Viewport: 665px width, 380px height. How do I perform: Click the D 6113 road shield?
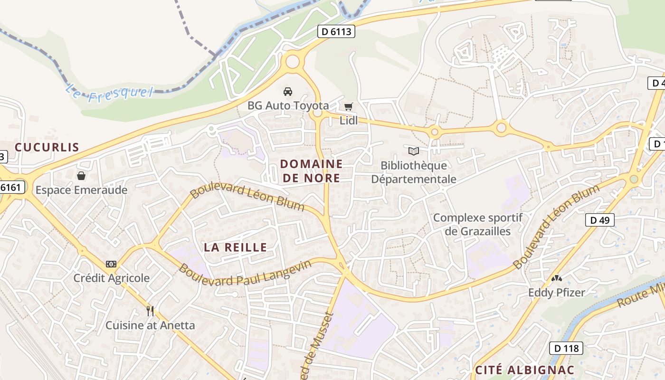(336, 32)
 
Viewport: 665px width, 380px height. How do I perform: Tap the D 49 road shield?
(599, 220)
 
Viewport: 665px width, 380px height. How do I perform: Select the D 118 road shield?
(566, 348)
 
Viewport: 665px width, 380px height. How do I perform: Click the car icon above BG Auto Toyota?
(288, 91)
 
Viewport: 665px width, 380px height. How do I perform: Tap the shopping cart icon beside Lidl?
(349, 107)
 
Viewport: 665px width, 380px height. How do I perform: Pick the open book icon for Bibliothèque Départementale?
(414, 151)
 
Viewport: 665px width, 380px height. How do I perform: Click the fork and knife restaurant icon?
(150, 311)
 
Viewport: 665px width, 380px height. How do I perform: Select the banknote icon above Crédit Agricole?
(111, 264)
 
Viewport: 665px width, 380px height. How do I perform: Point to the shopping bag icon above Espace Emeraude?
(81, 176)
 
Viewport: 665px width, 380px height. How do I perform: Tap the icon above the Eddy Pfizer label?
(556, 278)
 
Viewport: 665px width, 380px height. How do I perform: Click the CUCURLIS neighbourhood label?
(47, 147)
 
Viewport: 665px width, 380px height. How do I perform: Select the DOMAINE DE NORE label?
(311, 171)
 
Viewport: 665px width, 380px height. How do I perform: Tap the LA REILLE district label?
(235, 247)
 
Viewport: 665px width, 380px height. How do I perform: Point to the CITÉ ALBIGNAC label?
(525, 370)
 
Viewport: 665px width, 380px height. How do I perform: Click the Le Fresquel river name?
(109, 92)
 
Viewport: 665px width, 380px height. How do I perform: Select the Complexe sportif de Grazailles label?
(478, 225)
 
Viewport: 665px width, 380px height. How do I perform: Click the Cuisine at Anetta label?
(150, 325)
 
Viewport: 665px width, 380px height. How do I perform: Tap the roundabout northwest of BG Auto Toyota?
(293, 61)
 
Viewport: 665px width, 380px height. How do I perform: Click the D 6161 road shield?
(10, 188)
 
